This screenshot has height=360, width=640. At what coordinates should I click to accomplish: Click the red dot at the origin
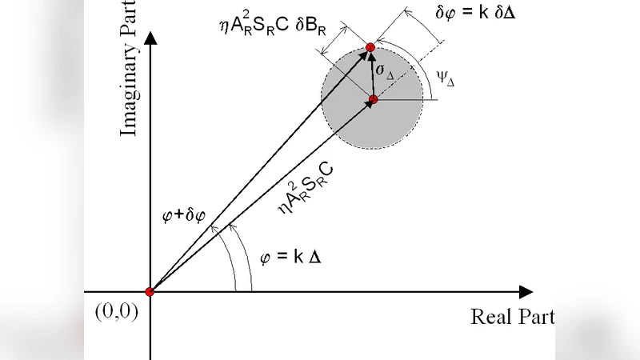click(150, 291)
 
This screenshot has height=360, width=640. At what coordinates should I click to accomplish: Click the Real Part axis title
click(512, 316)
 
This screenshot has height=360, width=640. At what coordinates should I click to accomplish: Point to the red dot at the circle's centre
click(373, 99)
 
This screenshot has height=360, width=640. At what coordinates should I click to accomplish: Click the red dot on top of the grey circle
click(370, 48)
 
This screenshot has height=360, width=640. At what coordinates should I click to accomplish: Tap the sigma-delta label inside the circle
click(386, 73)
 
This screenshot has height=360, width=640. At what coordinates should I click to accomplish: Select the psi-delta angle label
click(446, 79)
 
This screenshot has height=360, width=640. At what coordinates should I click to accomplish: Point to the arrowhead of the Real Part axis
click(525, 292)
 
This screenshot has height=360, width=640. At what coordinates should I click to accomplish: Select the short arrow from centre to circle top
click(371, 75)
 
